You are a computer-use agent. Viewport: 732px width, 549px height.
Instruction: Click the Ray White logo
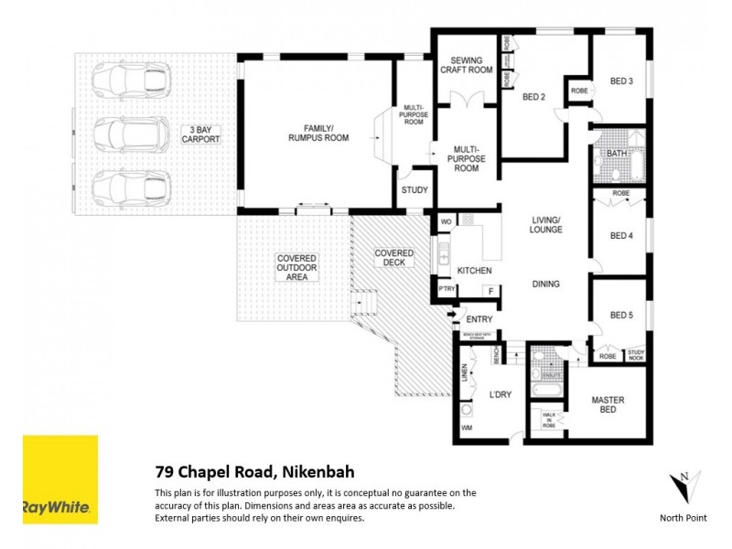(x=60, y=479)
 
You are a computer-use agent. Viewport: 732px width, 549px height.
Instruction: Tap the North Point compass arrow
(x=684, y=485)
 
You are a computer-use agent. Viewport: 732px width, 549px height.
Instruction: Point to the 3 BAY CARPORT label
(x=199, y=134)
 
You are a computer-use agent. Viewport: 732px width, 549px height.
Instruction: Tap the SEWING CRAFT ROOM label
(x=466, y=65)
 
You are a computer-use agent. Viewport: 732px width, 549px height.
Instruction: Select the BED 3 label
(x=621, y=81)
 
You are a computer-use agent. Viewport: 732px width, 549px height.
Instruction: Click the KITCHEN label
(x=475, y=271)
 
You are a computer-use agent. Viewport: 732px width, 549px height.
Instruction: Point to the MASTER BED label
(x=607, y=404)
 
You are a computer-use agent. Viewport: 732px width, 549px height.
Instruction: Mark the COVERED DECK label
(x=393, y=258)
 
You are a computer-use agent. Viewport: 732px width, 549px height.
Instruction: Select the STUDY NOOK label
(x=636, y=354)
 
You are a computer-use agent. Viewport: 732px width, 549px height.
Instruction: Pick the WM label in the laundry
(x=467, y=427)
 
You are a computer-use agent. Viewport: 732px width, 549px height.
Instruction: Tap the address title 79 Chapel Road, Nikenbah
(x=253, y=472)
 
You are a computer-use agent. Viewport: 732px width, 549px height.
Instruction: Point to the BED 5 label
(x=621, y=316)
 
